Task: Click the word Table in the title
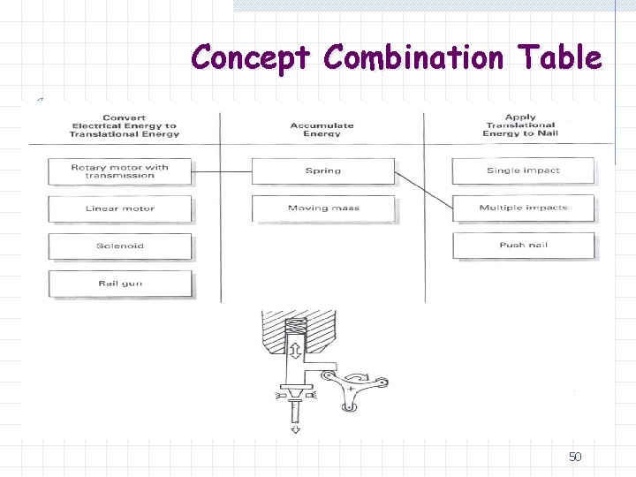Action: tap(561, 58)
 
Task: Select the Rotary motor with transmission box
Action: tap(120, 171)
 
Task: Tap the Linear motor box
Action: tap(120, 208)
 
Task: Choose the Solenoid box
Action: tap(120, 246)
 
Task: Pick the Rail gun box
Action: tap(120, 284)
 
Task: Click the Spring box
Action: tap(322, 170)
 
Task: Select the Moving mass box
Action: tap(322, 208)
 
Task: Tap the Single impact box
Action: tap(523, 170)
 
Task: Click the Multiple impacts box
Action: tap(523, 208)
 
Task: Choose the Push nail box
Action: tap(523, 245)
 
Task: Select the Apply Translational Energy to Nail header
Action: tap(519, 125)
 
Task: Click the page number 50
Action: tap(575, 457)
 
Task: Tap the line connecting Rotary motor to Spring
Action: tap(222, 170)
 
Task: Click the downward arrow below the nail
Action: tap(294, 429)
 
